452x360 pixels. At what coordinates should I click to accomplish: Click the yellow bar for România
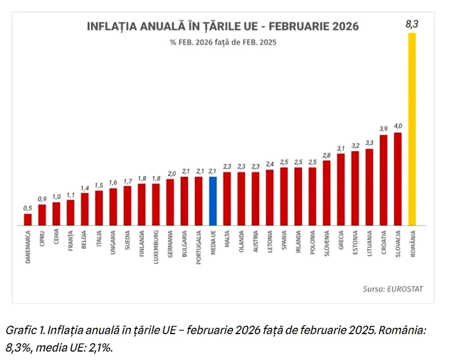(x=412, y=129)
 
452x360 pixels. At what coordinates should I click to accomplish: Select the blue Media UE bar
(x=213, y=201)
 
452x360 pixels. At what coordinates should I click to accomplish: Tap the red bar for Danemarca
(x=28, y=219)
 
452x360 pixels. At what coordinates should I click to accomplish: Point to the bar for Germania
(x=170, y=202)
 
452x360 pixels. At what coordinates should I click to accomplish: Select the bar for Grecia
(x=341, y=190)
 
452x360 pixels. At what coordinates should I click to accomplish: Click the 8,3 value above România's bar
(x=412, y=25)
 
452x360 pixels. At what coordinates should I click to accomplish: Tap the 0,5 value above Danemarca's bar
(x=28, y=208)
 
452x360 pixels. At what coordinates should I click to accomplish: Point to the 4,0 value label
(x=398, y=126)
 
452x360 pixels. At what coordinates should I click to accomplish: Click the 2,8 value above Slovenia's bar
(x=327, y=155)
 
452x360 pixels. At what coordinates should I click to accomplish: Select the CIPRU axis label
(x=42, y=243)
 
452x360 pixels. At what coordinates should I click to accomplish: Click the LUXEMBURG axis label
(x=156, y=248)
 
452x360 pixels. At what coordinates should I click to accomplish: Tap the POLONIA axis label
(x=313, y=245)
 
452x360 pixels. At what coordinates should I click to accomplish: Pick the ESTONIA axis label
(x=355, y=245)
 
